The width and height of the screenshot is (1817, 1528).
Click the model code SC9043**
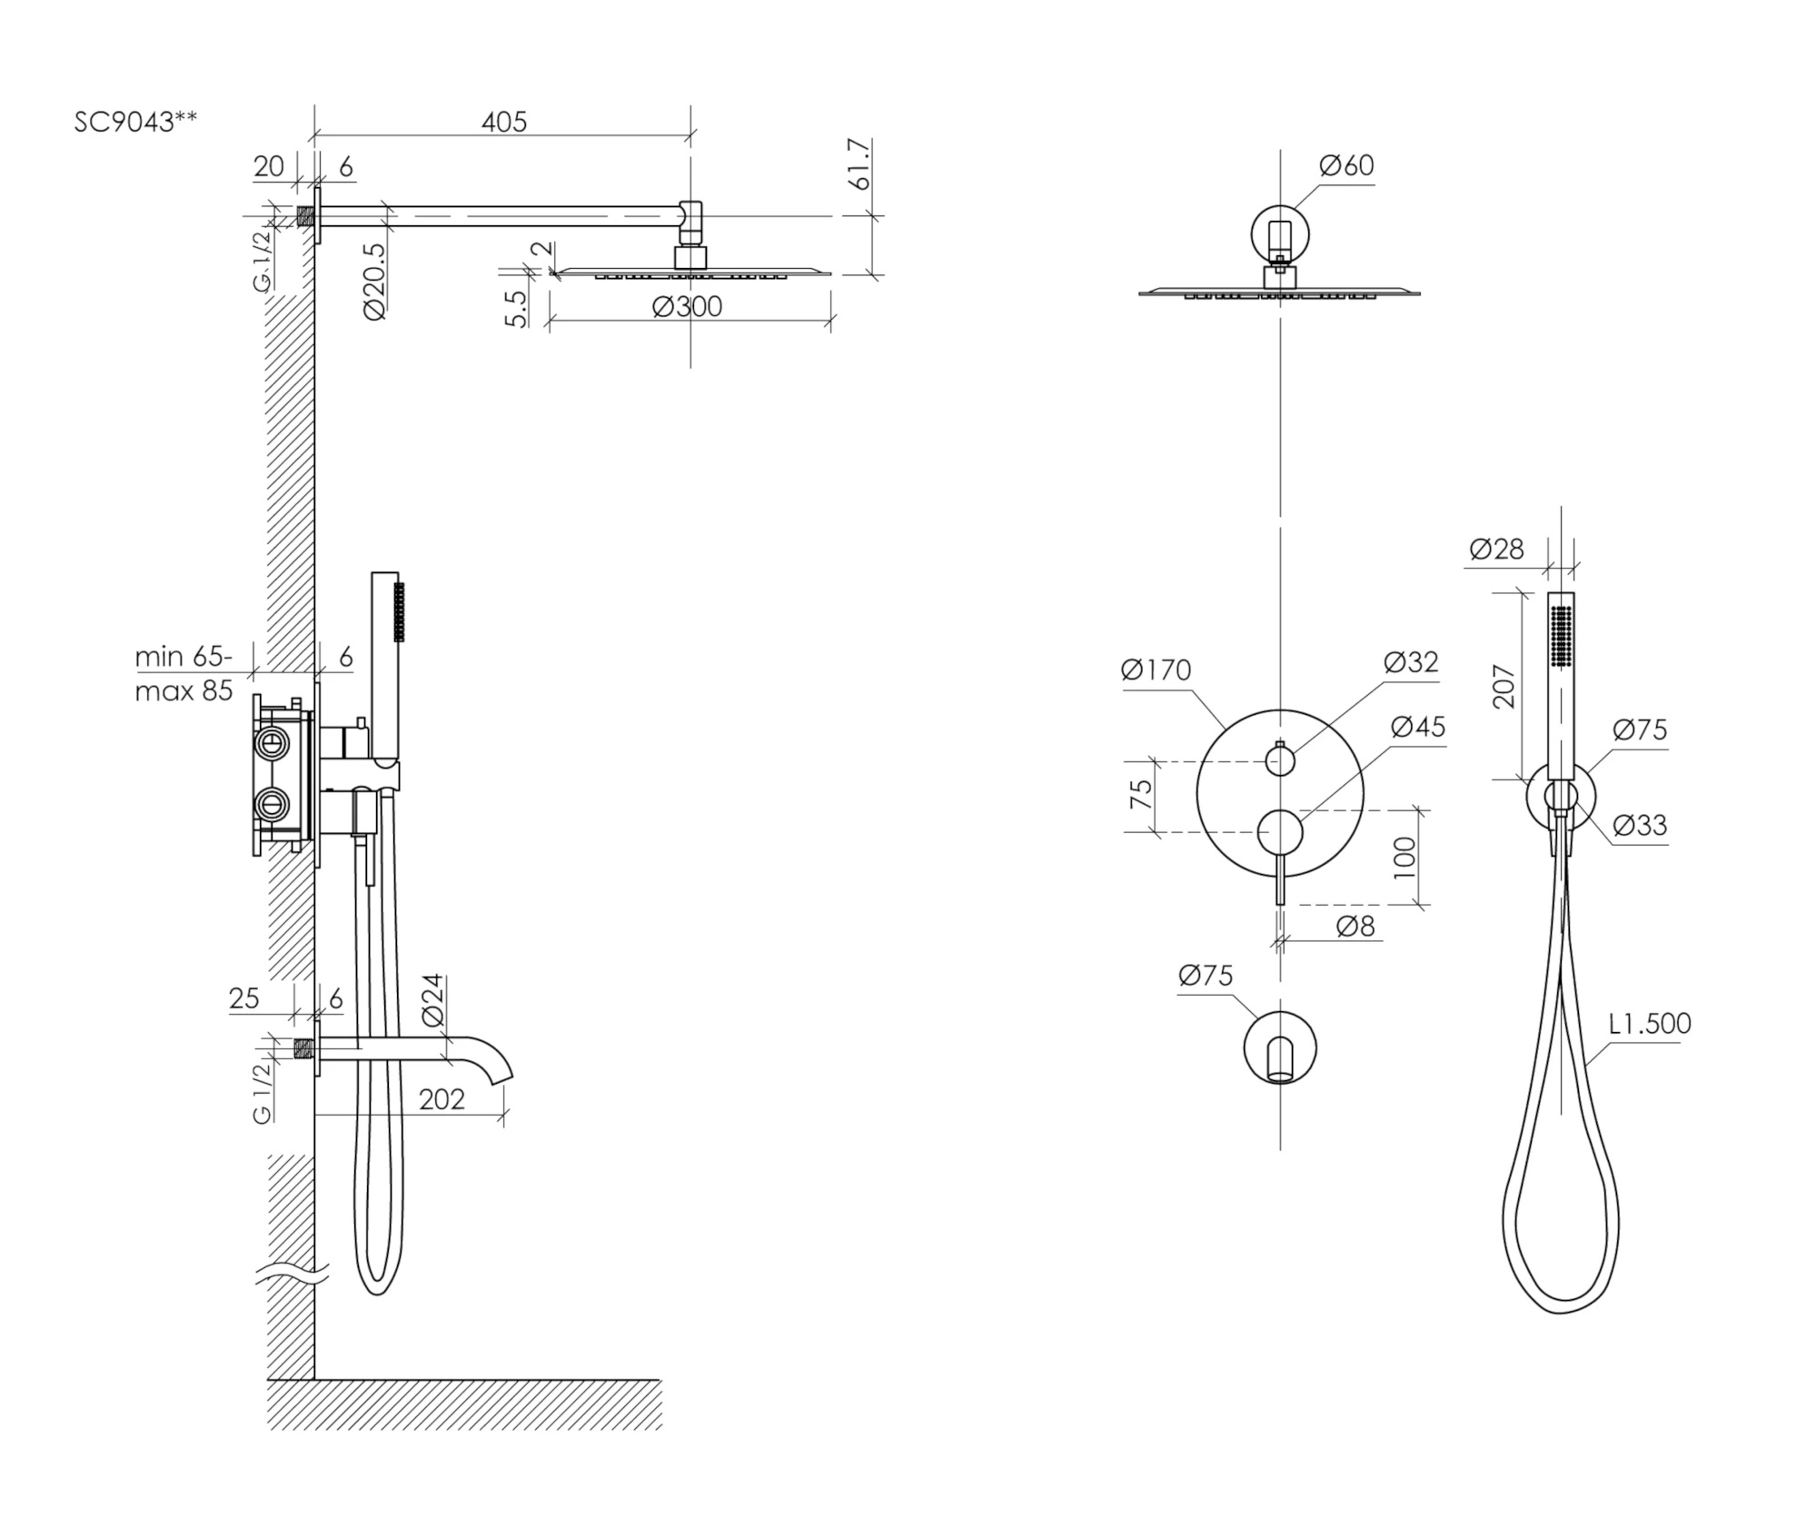pos(135,122)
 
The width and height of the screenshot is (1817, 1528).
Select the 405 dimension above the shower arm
pos(504,121)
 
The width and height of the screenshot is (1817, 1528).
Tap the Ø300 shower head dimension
pos(687,307)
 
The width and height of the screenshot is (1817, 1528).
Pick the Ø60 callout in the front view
pos(1346,165)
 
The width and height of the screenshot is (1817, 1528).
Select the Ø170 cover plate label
pos(1156,670)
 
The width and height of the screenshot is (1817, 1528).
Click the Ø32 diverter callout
pos(1411,662)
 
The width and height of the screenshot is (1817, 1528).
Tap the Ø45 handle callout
pos(1417,727)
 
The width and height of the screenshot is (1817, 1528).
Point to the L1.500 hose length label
pos(1650,1024)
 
